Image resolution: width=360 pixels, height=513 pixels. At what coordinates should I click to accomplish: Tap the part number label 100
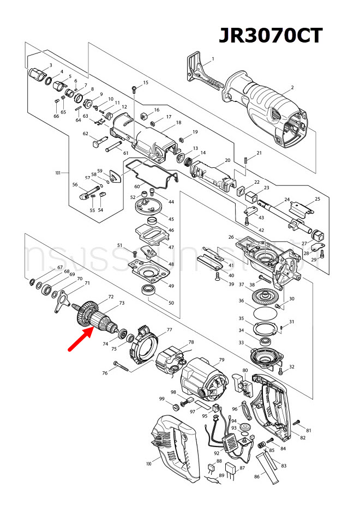[148, 463]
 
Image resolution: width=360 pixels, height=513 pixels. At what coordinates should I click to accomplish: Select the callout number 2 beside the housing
[292, 87]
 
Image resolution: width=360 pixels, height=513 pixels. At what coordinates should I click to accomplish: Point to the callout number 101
[58, 173]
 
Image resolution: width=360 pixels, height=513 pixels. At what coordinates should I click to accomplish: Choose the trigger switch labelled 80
[240, 382]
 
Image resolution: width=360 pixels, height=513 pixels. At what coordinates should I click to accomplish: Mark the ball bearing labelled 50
[149, 290]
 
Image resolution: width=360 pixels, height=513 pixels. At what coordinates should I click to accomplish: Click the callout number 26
[231, 237]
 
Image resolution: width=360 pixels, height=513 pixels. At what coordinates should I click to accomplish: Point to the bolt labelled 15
[134, 89]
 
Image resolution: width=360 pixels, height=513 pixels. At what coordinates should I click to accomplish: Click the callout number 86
[257, 477]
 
